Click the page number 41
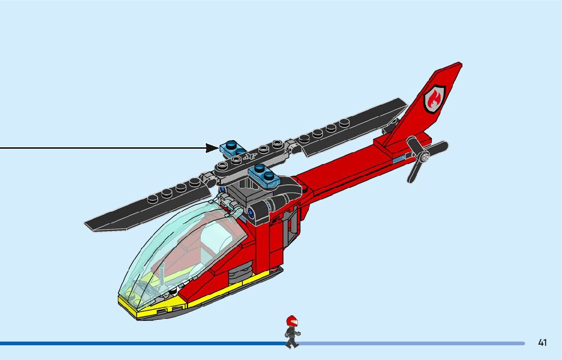pos(542,343)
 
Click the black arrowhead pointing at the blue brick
pos(213,148)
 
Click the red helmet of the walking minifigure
pos(291,321)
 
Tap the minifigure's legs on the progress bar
pos(291,342)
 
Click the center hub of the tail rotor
pos(424,157)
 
